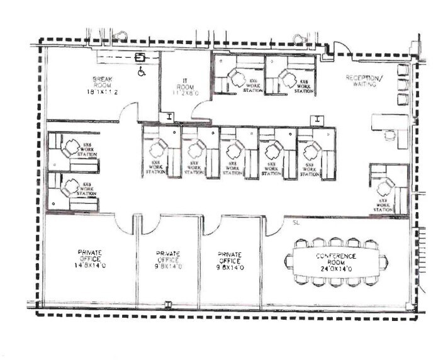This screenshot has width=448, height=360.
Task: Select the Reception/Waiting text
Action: click(x=364, y=81)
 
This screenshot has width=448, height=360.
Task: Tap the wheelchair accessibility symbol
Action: click(x=141, y=71)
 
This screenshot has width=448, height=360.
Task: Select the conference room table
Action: click(x=336, y=261)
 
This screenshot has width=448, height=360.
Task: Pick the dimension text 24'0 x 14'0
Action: click(x=337, y=269)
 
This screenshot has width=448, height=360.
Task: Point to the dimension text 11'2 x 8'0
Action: click(x=186, y=93)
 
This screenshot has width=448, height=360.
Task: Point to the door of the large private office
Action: click(x=123, y=222)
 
